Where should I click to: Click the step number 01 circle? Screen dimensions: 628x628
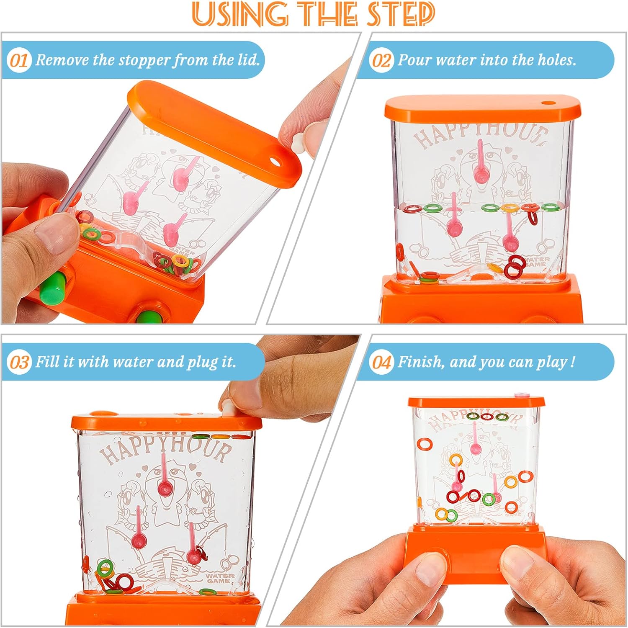pos(19,60)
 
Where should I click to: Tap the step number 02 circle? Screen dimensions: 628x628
pos(381,60)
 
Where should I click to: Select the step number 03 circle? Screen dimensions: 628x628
pos(19,362)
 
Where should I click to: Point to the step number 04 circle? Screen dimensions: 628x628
pos(381,362)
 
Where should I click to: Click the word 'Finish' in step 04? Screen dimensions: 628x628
pos(421,362)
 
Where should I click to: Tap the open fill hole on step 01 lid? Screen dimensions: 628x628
pos(275,161)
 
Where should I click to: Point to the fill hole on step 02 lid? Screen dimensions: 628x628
pos(547,103)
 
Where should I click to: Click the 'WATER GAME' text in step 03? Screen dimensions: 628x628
pos(217,578)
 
